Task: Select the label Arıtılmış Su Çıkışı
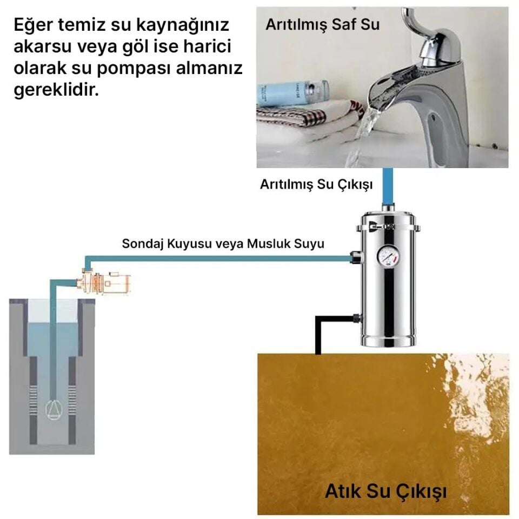pos(316,185)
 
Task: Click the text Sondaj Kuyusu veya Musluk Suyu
pos(223,243)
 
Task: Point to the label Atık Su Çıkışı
pos(385,492)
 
